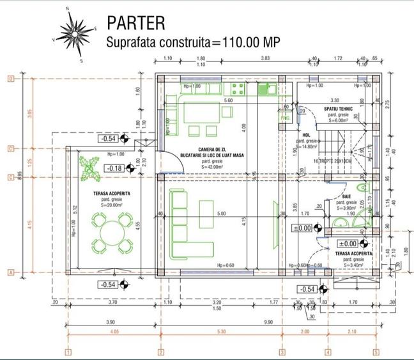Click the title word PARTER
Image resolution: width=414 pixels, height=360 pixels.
coord(136,23)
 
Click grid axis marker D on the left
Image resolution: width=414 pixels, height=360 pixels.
coord(11,79)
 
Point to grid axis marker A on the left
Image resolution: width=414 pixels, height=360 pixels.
coord(11,272)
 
